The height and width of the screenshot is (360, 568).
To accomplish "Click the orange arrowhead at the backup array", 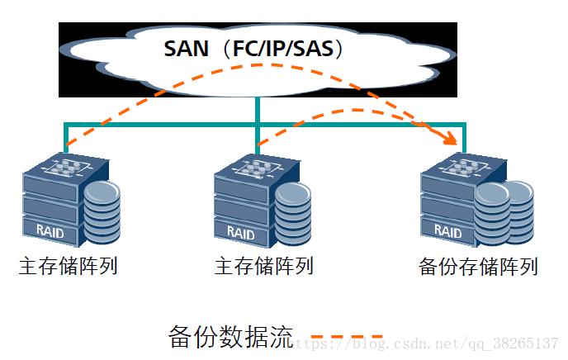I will pyautogui.click(x=451, y=140).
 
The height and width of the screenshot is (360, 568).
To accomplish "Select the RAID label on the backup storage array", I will pyautogui.click(x=447, y=232).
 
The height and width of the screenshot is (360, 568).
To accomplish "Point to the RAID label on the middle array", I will pyautogui.click(x=240, y=232).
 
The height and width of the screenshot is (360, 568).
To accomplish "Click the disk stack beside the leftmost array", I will pyautogui.click(x=102, y=212).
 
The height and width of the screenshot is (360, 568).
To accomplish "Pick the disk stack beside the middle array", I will pyautogui.click(x=294, y=212).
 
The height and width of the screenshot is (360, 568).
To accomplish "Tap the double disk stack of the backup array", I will pyautogui.click(x=503, y=211).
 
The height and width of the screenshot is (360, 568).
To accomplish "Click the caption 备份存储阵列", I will pyautogui.click(x=478, y=268).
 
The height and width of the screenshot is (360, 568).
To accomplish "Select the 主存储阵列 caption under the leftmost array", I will pyautogui.click(x=68, y=266).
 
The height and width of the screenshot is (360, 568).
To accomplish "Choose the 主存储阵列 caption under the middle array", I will pyautogui.click(x=263, y=266).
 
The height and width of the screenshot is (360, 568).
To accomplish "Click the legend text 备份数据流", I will pyautogui.click(x=230, y=336).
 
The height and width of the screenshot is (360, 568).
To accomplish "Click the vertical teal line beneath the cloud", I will pyautogui.click(x=258, y=111).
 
